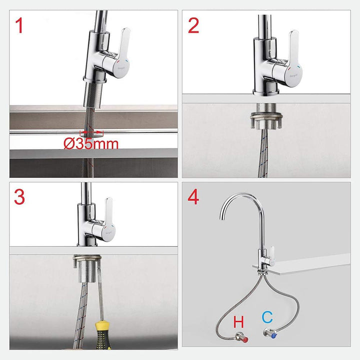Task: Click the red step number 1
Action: point(19,25)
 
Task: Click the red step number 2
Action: point(194,25)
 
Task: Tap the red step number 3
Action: point(19,197)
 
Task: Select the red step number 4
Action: point(193,197)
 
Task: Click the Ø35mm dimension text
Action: point(91,144)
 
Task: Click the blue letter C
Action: point(267,316)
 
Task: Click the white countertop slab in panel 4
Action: point(310,264)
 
